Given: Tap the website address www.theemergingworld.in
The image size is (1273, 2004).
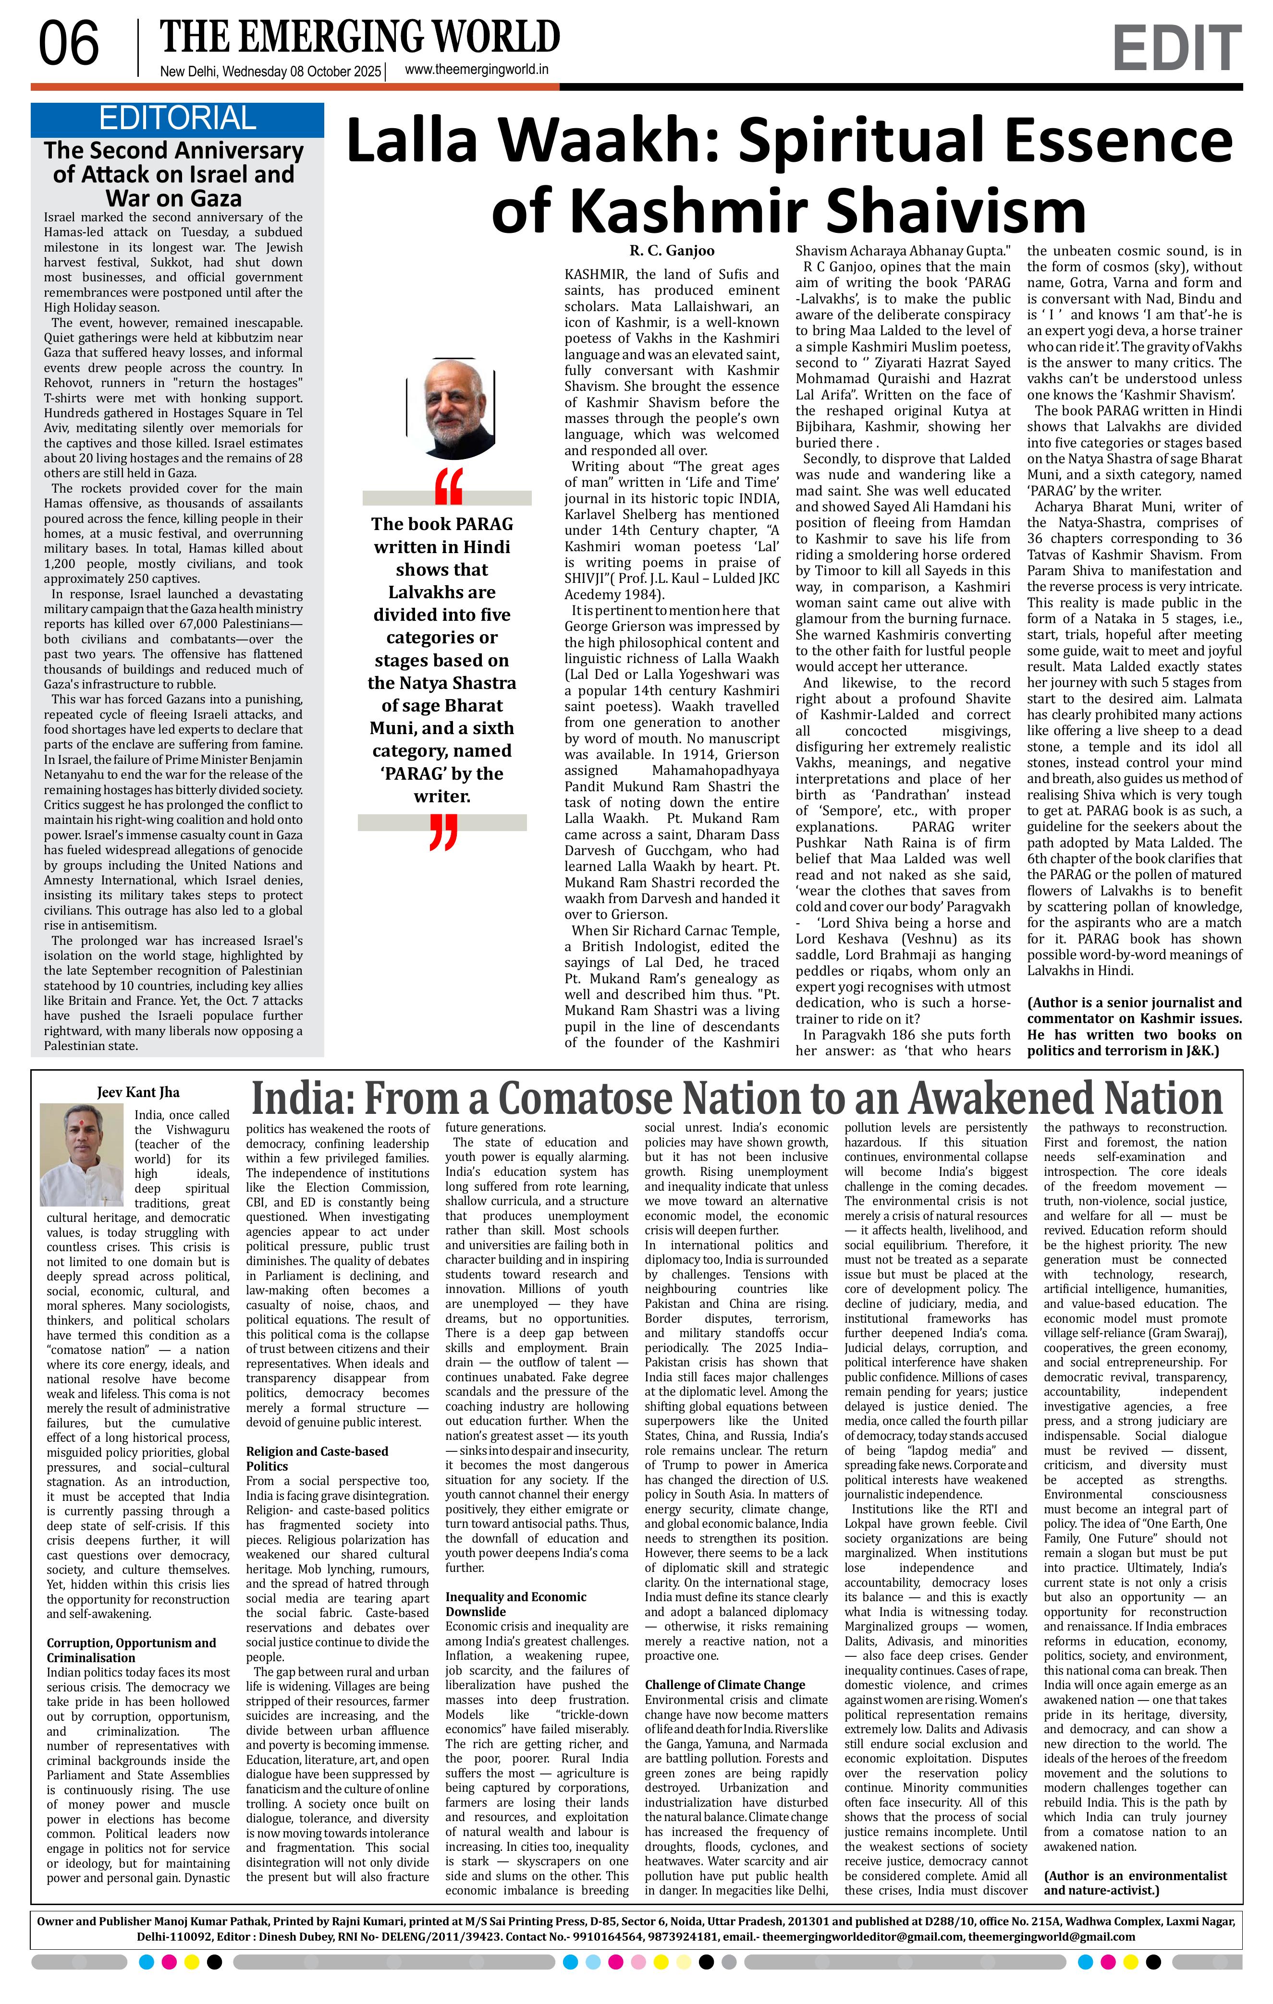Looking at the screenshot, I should (x=476, y=70).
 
